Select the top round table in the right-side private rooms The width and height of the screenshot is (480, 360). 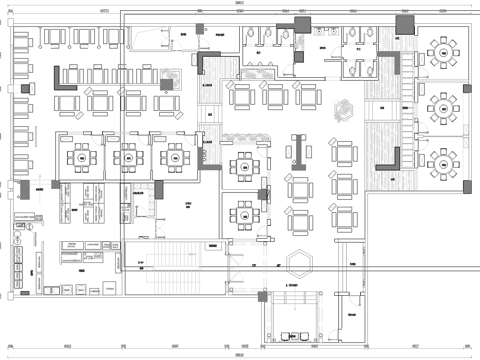point(440,47)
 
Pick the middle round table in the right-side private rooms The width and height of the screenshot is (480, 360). point(440,104)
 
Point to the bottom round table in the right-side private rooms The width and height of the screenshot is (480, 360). point(440,158)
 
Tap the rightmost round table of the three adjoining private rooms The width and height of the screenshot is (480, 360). point(174,156)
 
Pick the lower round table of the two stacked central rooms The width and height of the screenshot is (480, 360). point(242,212)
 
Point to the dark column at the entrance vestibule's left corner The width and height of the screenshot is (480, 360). point(262,297)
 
